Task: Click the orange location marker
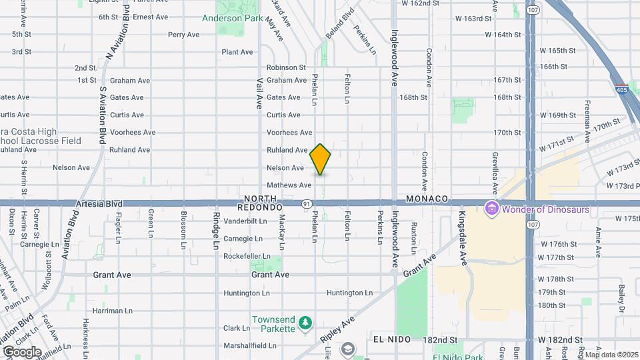(x=321, y=159)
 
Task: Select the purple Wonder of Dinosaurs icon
(x=493, y=209)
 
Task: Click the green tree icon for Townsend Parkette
(x=305, y=322)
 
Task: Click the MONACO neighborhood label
(x=425, y=199)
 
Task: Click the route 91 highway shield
(x=305, y=204)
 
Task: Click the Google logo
(x=22, y=351)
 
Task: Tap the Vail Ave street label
(x=260, y=92)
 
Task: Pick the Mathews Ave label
(x=289, y=185)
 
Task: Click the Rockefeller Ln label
(x=247, y=257)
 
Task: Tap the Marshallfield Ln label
(x=249, y=345)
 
